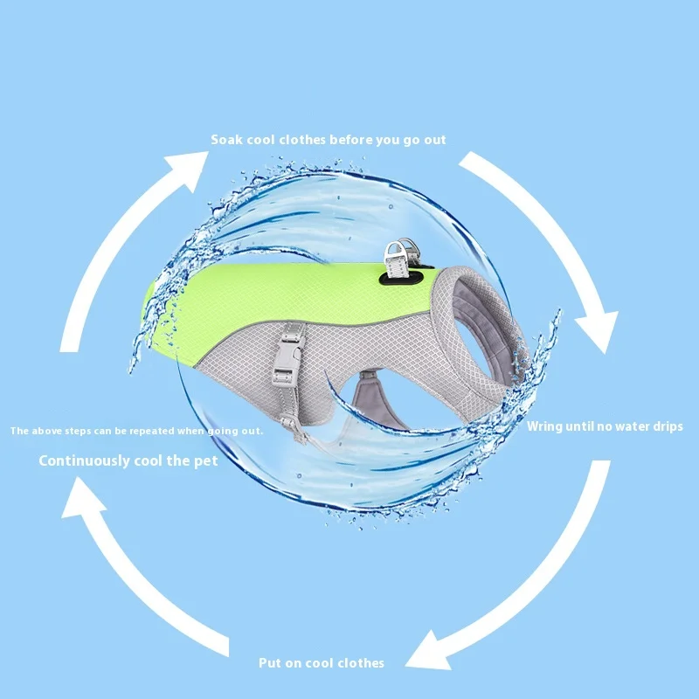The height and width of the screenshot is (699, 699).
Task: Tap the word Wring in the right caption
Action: point(546,427)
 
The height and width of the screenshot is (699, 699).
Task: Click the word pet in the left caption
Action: point(206,460)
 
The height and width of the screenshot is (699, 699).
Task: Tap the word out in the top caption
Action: point(433,140)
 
